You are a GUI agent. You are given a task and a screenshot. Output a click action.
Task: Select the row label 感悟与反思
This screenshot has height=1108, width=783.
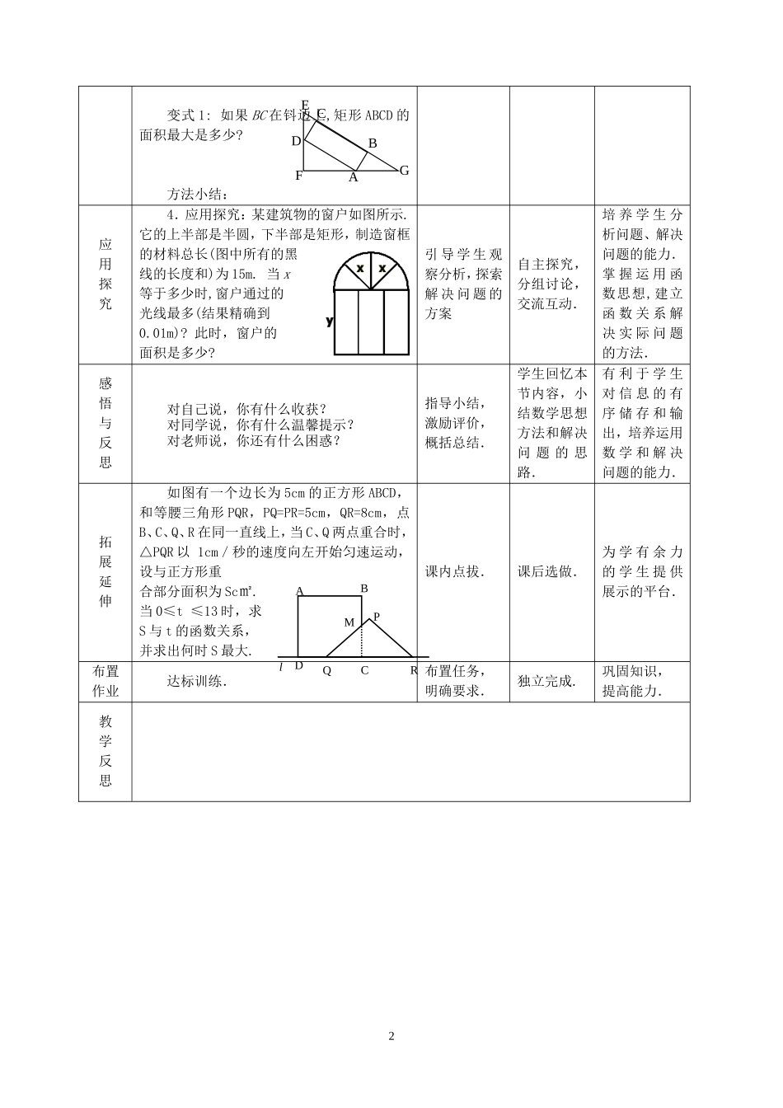click(x=105, y=423)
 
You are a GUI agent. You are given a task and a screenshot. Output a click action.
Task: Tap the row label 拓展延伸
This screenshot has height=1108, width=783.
click(x=105, y=571)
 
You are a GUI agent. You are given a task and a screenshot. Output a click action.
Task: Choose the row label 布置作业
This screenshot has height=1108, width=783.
click(x=105, y=681)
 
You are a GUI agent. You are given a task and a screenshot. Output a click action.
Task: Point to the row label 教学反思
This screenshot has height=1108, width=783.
click(x=105, y=751)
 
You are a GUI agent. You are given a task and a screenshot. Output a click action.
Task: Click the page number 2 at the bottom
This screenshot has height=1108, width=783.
click(x=391, y=1035)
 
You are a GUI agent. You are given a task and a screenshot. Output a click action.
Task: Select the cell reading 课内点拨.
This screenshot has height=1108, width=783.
click(x=454, y=572)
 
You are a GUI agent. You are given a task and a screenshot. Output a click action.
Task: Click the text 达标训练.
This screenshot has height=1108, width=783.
click(x=197, y=680)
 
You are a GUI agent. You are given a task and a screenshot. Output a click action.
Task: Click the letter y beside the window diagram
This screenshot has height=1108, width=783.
click(x=330, y=322)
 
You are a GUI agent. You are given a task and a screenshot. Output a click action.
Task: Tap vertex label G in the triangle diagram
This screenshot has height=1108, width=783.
click(x=404, y=171)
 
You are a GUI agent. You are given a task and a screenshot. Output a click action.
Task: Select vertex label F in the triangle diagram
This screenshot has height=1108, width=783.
click(x=298, y=176)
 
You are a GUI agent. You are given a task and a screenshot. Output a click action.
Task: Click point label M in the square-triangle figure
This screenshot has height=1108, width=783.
click(x=349, y=622)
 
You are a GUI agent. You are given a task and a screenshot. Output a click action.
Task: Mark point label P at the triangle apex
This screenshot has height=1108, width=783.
click(x=377, y=616)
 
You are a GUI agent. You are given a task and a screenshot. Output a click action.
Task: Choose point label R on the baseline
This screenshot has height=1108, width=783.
click(x=414, y=670)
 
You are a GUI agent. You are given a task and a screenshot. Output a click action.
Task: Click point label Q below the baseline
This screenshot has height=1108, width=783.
click(x=327, y=670)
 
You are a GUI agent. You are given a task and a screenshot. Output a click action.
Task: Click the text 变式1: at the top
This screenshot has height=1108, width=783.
click(x=190, y=115)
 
